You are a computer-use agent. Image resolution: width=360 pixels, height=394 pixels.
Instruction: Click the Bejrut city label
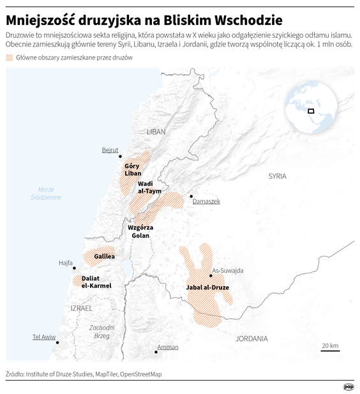[110, 150]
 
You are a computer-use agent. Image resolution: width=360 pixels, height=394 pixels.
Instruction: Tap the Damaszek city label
[206, 201]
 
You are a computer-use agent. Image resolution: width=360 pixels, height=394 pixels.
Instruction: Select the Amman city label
[168, 347]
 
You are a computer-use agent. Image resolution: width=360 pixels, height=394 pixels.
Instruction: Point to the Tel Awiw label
[45, 337]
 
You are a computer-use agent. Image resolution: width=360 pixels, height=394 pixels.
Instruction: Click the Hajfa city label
[66, 262]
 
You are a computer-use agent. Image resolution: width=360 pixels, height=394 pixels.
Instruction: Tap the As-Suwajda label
[227, 270]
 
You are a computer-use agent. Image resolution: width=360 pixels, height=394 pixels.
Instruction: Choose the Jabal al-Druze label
[207, 287]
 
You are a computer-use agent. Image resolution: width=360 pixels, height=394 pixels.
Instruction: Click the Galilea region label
[104, 256]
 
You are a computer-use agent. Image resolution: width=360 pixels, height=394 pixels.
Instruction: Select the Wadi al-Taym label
[149, 186]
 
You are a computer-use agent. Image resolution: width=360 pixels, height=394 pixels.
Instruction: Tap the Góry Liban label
[133, 170]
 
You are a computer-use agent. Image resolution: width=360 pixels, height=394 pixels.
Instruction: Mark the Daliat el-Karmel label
[96, 282]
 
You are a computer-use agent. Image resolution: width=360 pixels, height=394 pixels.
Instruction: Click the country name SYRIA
[277, 176]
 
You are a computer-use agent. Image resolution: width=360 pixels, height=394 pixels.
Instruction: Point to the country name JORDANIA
[251, 338]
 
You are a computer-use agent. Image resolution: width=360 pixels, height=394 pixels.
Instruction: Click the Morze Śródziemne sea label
[46, 193]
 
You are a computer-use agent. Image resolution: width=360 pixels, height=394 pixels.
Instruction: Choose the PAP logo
[349, 386]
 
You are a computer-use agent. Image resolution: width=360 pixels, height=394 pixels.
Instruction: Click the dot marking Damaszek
[191, 197]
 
